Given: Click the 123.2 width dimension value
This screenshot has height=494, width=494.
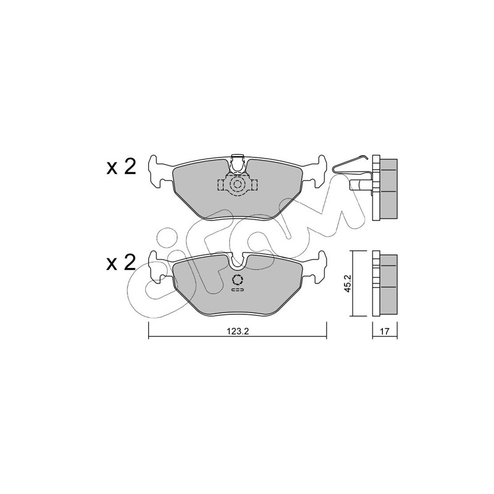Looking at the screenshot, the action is point(238,332).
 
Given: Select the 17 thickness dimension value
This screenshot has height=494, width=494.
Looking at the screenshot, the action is point(385,332).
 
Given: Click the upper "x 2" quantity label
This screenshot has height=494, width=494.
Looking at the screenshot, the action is point(121,167).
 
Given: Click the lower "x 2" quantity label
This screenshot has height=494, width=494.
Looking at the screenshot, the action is point(121,262).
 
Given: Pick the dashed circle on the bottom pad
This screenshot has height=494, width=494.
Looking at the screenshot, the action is point(238,280).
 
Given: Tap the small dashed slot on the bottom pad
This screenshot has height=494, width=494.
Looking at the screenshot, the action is point(238,290).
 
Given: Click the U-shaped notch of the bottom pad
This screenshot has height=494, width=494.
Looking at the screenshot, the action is point(238,262).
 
